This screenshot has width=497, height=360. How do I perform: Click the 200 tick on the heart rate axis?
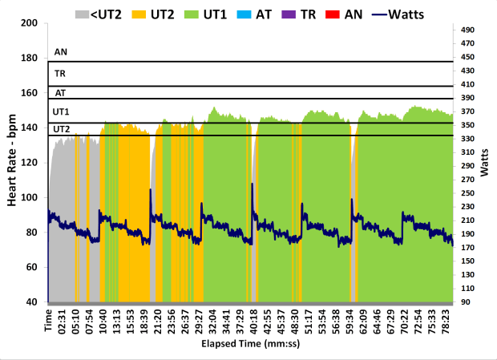[30, 23]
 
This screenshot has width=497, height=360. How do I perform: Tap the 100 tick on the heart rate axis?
[30, 197]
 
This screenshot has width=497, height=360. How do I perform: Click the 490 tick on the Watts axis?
[468, 30]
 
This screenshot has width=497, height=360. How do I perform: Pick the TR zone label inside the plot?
[60, 73]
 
